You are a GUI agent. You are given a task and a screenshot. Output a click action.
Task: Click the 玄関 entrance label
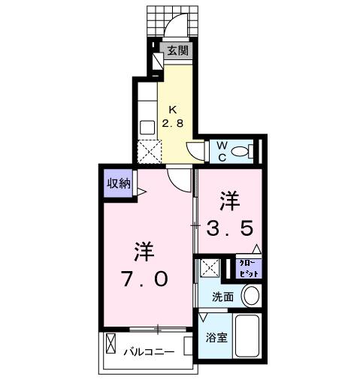(177, 52)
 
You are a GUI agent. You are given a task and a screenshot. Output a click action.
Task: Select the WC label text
(223, 150)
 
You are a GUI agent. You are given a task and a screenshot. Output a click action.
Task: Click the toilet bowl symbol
(241, 152)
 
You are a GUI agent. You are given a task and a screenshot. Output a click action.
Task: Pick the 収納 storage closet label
(118, 183)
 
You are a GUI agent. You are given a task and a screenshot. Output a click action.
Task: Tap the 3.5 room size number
(231, 227)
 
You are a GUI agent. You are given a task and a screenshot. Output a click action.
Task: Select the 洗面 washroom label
(223, 297)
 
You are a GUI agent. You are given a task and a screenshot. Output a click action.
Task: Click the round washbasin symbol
(253, 295)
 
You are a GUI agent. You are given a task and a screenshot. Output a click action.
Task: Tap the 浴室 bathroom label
(217, 337)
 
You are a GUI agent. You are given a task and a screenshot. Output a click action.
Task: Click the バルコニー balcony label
(149, 351)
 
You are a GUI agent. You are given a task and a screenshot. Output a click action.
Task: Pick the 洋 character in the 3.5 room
(230, 201)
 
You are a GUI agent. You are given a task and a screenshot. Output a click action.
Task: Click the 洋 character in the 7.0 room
(146, 251)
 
